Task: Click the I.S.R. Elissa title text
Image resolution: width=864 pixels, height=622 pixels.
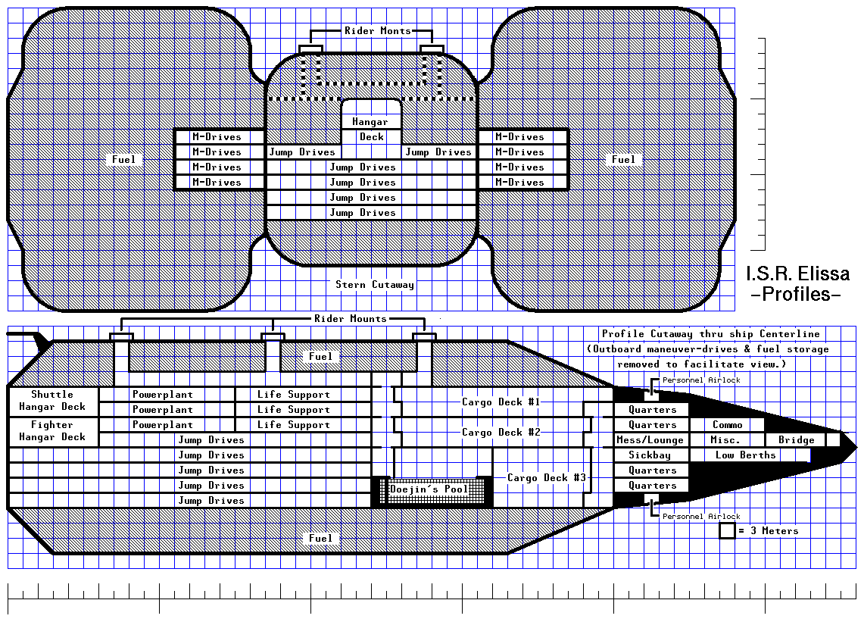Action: tap(797, 273)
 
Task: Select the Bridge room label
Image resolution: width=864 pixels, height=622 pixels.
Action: tap(796, 440)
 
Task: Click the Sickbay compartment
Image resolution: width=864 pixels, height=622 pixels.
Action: tap(650, 455)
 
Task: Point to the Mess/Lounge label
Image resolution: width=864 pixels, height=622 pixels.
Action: tap(650, 440)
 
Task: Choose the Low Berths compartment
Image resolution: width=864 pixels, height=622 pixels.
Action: tap(745, 455)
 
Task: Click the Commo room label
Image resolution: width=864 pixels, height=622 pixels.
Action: tap(727, 425)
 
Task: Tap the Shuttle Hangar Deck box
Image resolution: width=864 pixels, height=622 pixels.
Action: tap(52, 401)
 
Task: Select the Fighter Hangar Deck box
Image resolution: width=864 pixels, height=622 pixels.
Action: tap(52, 431)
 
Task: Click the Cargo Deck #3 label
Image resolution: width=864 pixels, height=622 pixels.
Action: tap(546, 478)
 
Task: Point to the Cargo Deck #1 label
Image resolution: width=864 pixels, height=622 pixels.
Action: tap(501, 402)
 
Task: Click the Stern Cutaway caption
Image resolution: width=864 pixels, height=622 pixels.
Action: tap(375, 285)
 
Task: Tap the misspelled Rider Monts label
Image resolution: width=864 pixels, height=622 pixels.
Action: tap(378, 31)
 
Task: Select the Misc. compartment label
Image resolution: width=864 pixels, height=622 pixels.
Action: tap(725, 440)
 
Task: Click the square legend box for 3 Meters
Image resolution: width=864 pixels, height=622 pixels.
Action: tap(727, 531)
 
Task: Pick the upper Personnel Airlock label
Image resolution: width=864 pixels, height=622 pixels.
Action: tap(700, 380)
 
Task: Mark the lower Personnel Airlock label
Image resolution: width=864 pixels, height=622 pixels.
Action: tap(700, 517)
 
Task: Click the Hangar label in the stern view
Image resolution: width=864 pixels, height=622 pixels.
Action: tap(370, 122)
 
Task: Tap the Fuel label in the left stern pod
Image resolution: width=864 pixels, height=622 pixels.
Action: tap(123, 160)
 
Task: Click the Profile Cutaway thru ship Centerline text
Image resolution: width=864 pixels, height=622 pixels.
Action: tap(710, 334)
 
